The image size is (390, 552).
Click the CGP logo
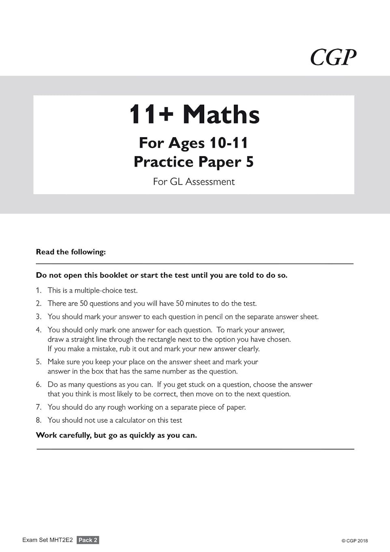click(333, 57)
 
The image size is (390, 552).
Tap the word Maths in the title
click(221, 114)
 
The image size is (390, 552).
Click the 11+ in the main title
click(151, 114)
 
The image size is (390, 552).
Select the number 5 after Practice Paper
click(250, 162)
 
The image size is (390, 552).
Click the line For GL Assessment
click(194, 181)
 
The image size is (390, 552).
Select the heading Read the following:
click(71, 252)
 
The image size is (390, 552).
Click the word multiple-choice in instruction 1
click(106, 290)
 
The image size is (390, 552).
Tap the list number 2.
click(39, 303)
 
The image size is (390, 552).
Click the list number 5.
click(39, 362)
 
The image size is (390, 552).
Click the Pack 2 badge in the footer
click(88, 540)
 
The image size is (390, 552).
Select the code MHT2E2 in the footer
click(61, 540)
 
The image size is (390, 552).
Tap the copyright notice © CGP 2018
click(354, 541)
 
